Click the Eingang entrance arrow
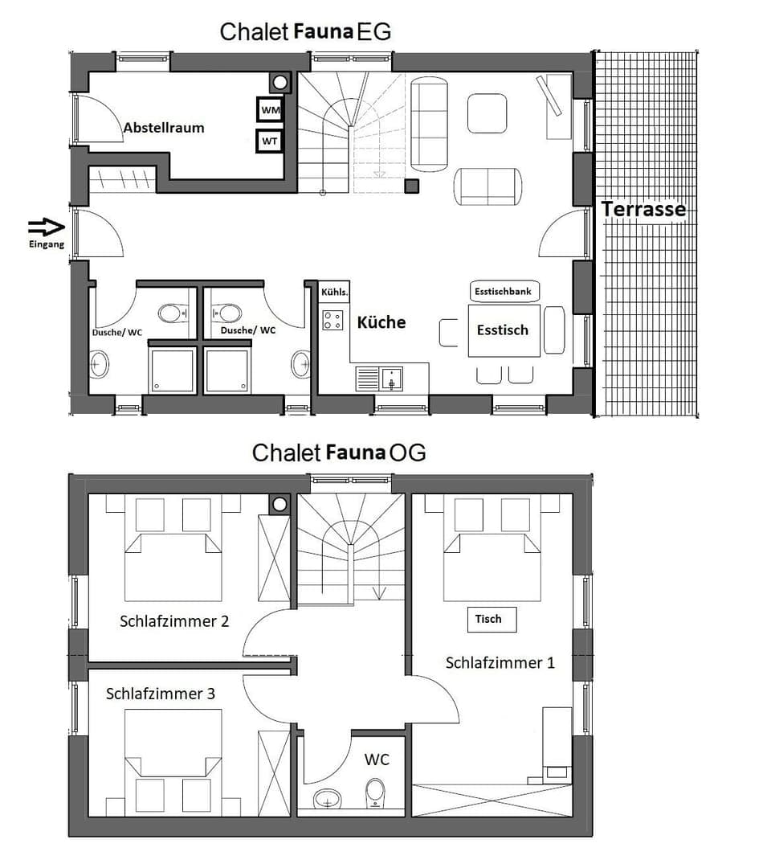click(x=46, y=227)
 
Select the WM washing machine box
click(x=269, y=109)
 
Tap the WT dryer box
click(x=269, y=141)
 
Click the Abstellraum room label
click(x=163, y=128)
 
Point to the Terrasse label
click(x=643, y=209)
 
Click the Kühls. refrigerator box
click(x=334, y=293)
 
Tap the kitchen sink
click(x=391, y=378)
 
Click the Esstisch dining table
click(x=503, y=330)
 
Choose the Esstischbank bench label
click(x=504, y=292)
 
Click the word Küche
click(x=381, y=322)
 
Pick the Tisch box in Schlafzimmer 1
click(x=492, y=620)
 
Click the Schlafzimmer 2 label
click(x=174, y=620)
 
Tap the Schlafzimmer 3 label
click(x=161, y=694)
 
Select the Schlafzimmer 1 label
click(x=500, y=663)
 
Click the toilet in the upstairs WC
click(x=375, y=792)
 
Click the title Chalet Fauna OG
click(x=338, y=452)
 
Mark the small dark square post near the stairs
click(x=412, y=186)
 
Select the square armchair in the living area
click(x=487, y=113)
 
